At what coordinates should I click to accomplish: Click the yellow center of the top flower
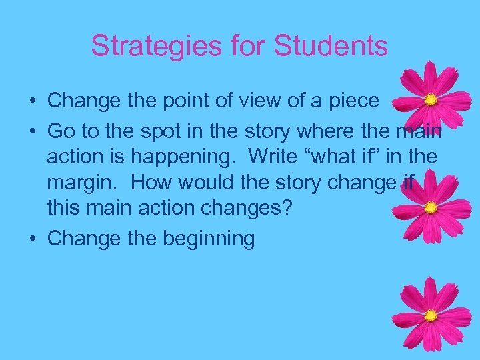[x=431, y=100]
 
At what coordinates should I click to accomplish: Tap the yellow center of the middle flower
[x=431, y=207]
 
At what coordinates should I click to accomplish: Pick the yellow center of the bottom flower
[x=431, y=315]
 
